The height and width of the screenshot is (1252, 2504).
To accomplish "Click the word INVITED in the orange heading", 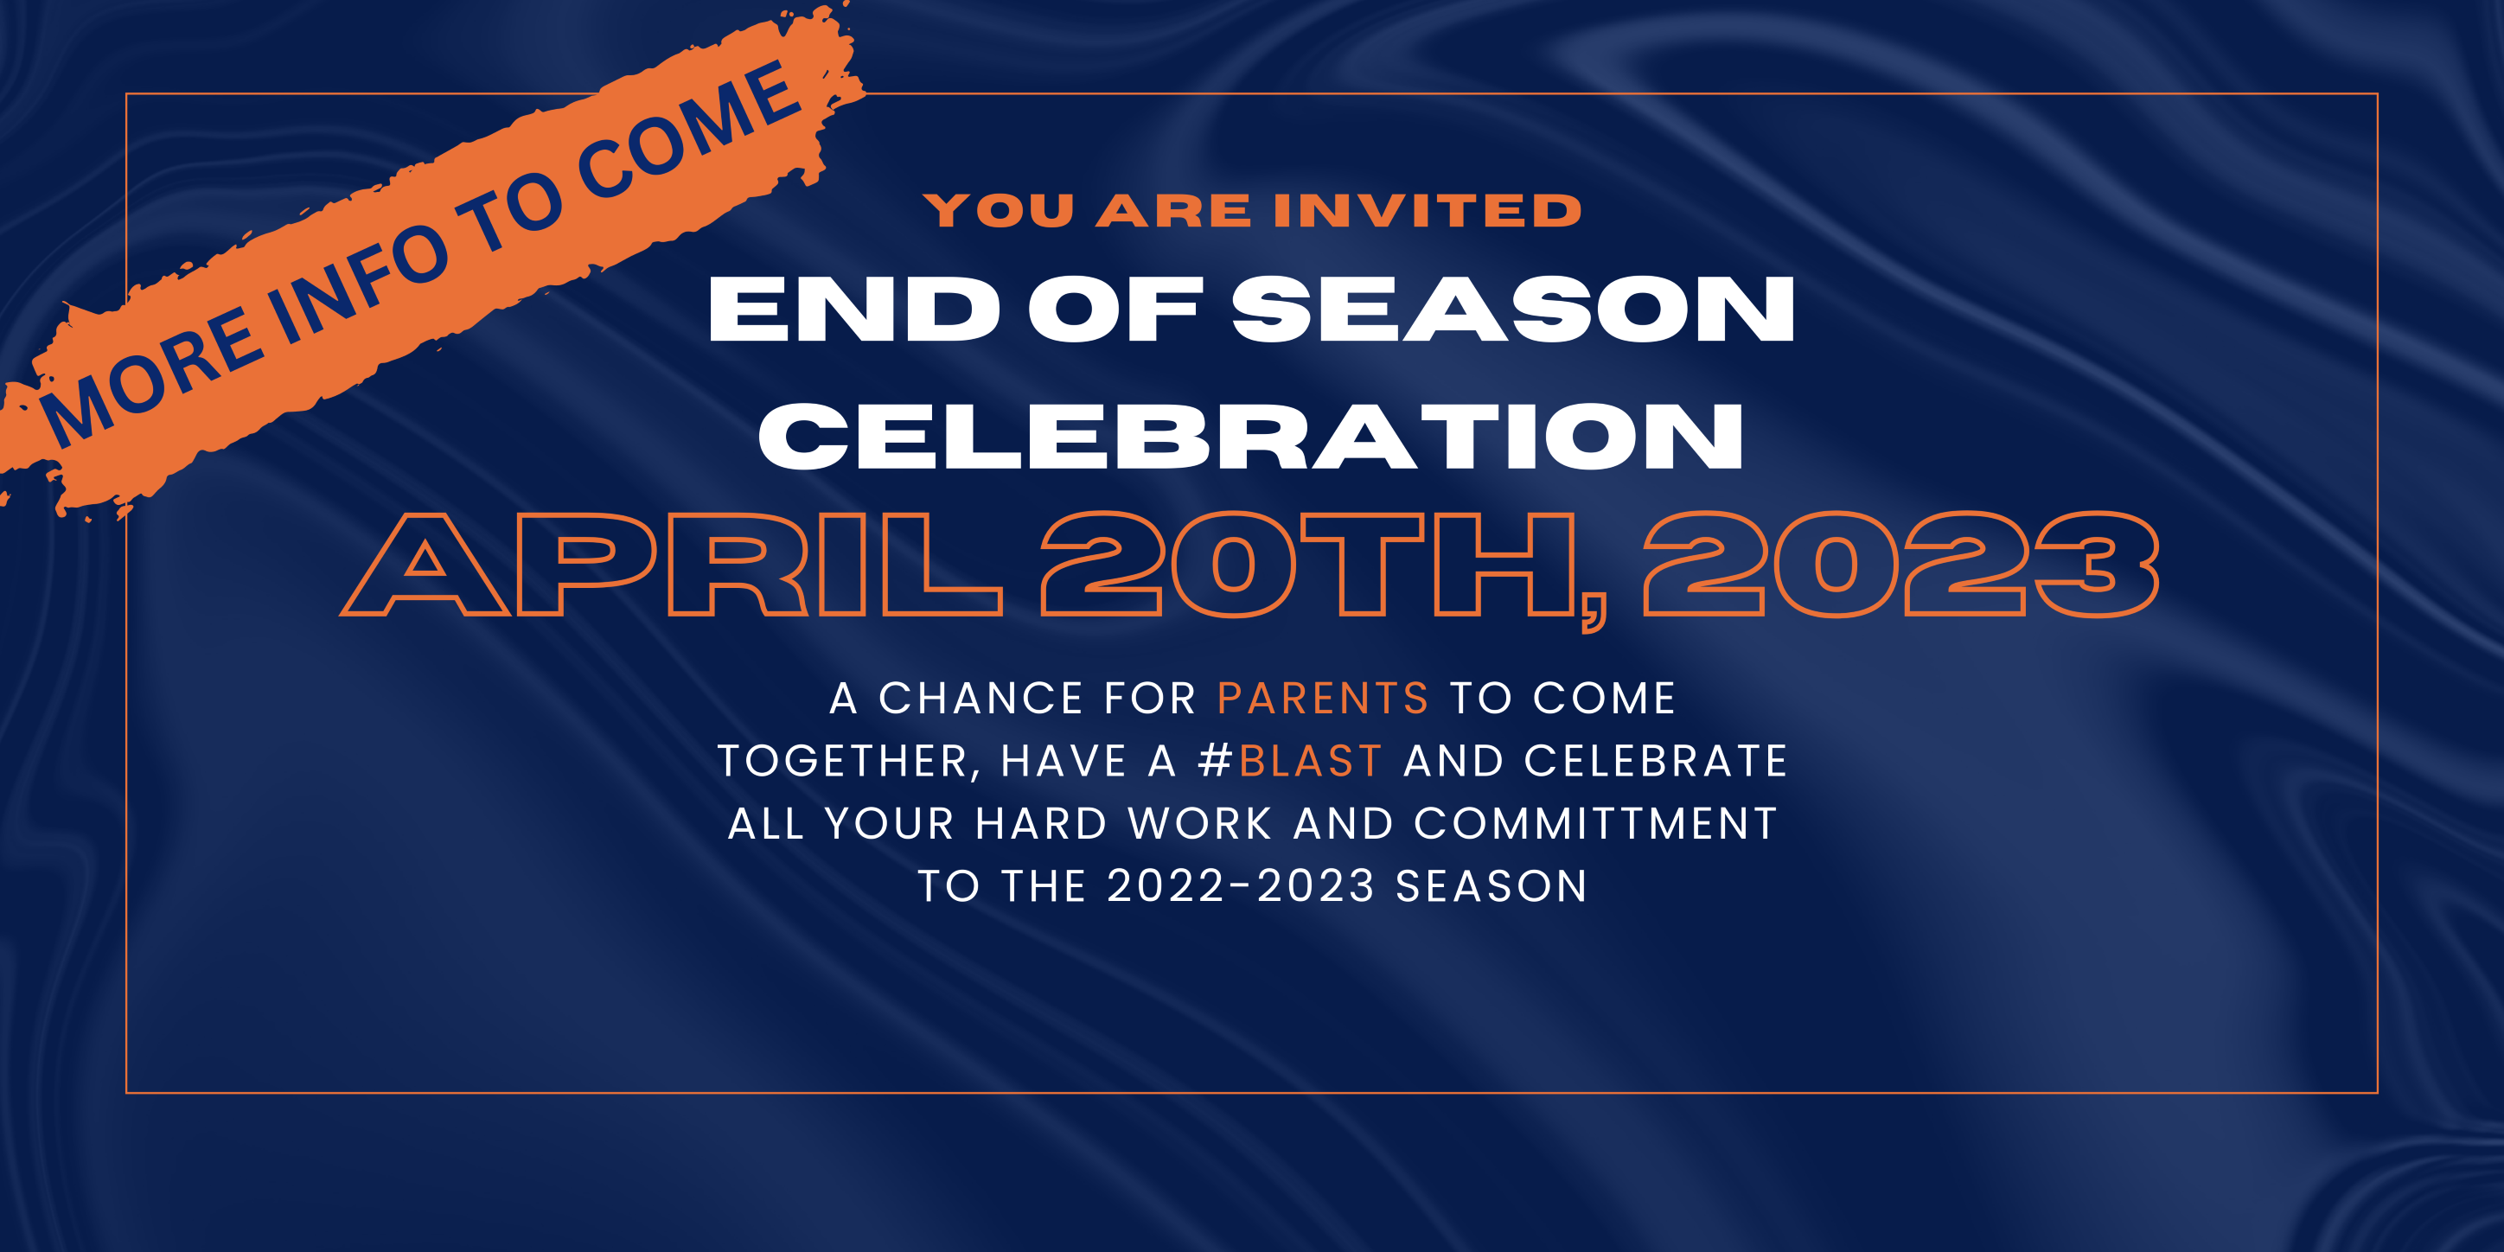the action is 1427,211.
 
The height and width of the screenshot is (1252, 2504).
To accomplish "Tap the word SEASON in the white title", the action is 1513,310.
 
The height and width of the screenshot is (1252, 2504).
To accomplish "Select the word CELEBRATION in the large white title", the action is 1251,437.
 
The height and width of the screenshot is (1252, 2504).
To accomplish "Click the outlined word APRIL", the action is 671,564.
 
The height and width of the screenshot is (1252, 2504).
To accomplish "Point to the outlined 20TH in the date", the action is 1308,564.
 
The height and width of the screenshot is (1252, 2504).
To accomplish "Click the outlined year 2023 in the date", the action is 1901,564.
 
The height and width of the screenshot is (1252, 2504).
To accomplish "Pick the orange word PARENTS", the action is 1323,698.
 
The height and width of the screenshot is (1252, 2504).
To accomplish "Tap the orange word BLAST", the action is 1310,760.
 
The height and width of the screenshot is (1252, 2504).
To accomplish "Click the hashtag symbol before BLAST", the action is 1215,760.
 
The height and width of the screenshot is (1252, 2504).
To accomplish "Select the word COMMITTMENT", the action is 1595,823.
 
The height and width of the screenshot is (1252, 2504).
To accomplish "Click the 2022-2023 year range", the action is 1242,885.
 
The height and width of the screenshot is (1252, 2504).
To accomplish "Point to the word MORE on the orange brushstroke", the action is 150,375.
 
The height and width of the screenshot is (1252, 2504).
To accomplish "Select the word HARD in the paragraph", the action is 1041,823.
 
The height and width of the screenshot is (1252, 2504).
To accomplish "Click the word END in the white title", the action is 855,310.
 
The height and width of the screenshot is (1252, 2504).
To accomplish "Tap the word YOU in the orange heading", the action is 1000,211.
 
